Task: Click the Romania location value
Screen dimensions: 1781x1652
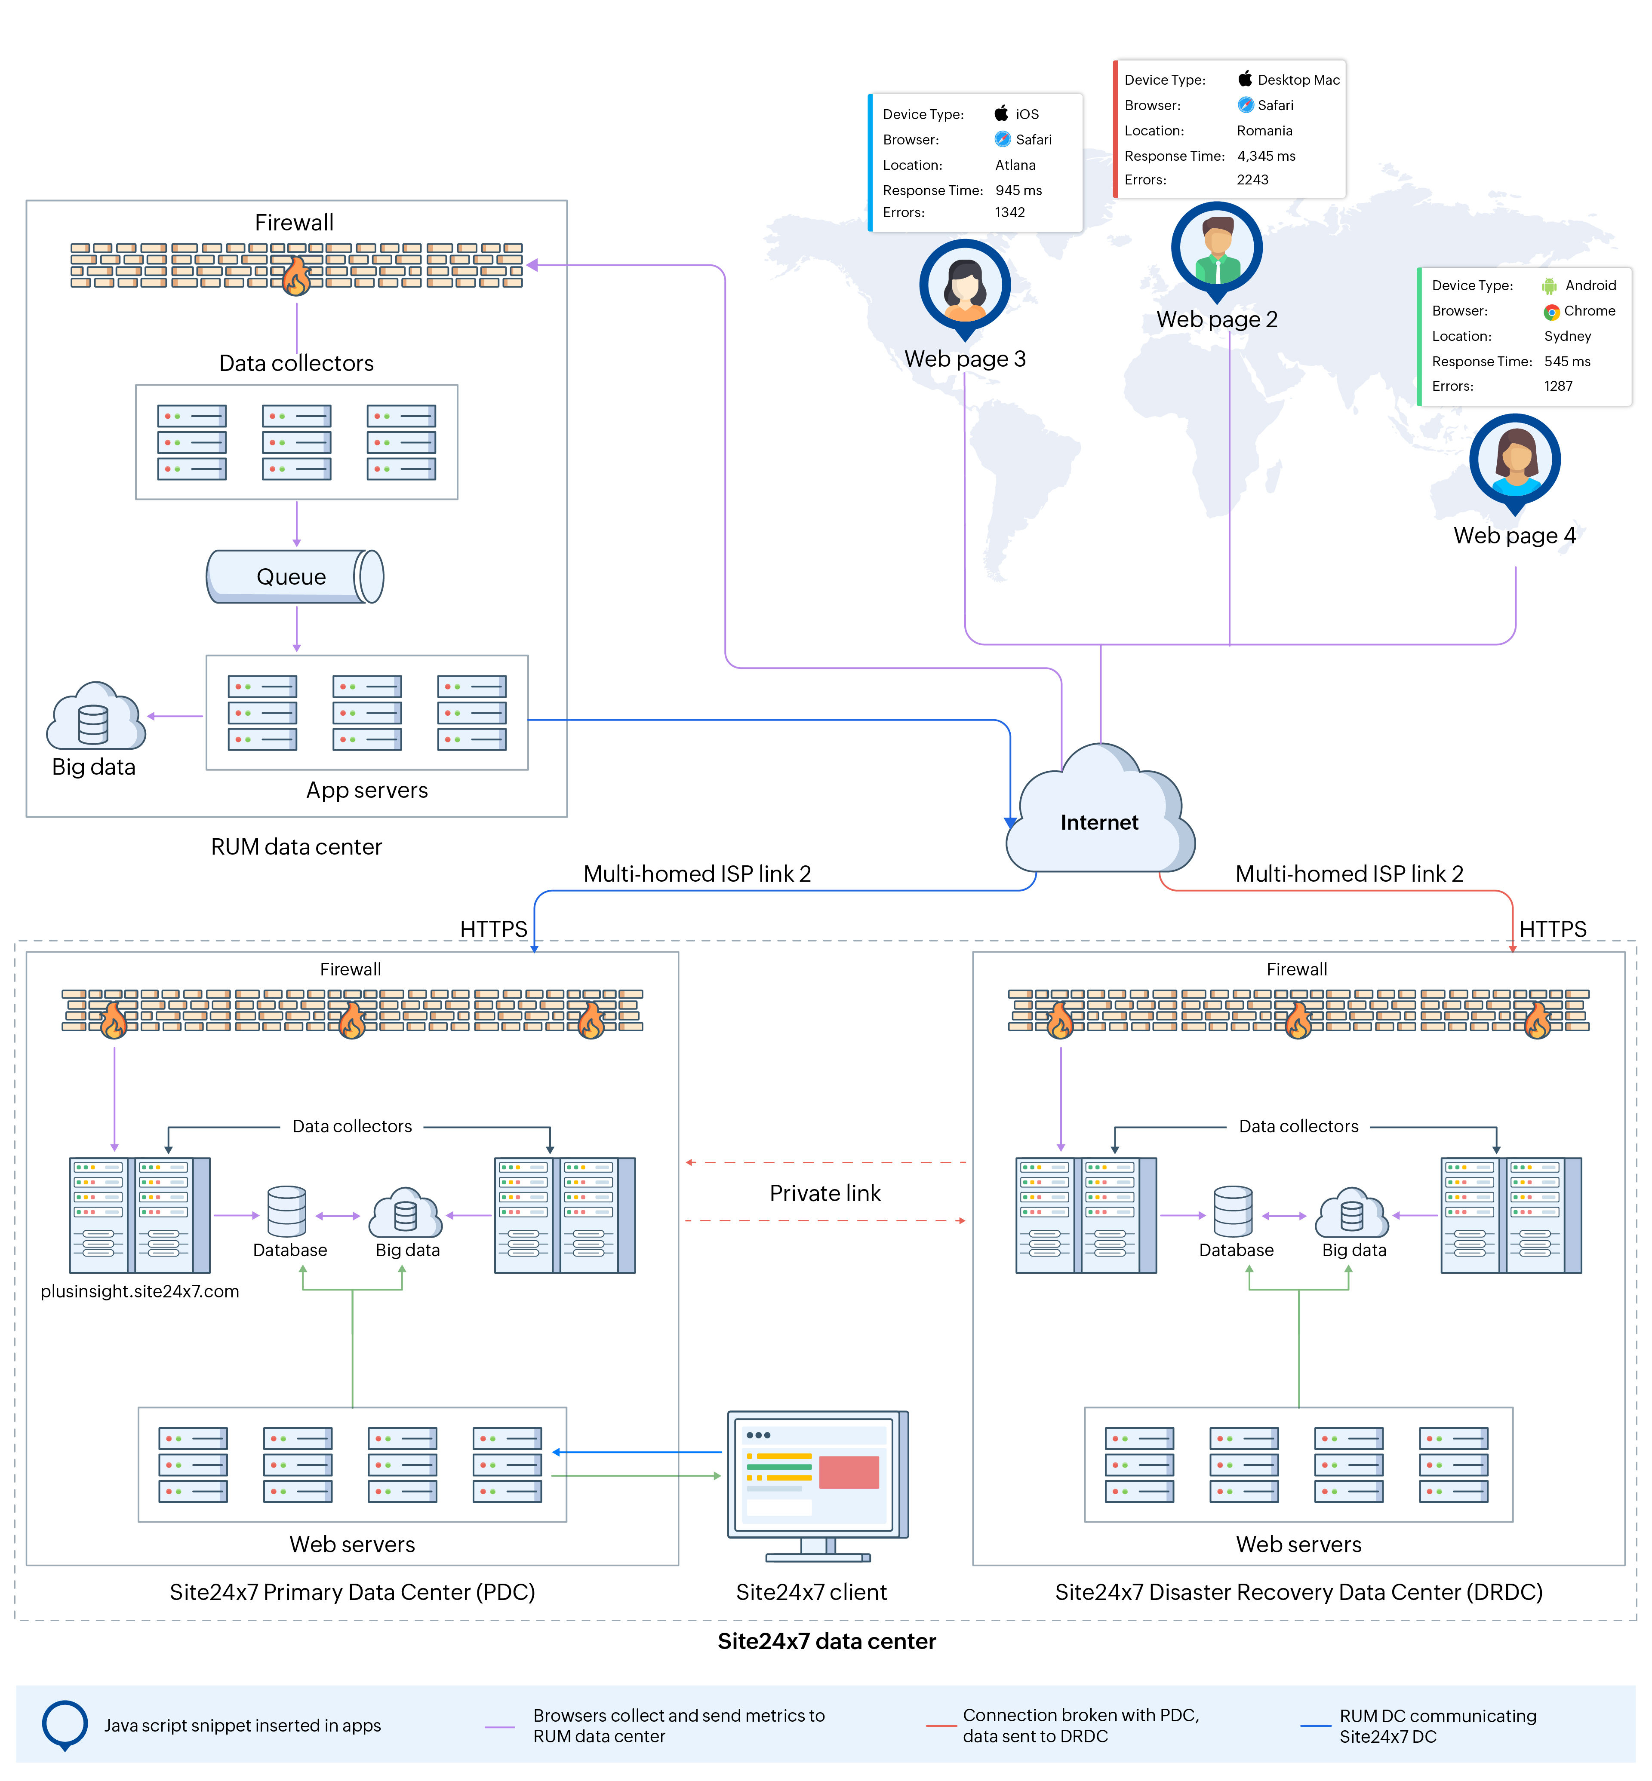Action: [1264, 131]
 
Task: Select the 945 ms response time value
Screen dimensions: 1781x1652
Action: [1018, 190]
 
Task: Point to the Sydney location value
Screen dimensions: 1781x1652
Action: [1567, 336]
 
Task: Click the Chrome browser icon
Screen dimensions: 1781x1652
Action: [1551, 312]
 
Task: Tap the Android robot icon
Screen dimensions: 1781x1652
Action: [1548, 286]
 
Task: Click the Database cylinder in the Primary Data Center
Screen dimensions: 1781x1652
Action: [287, 1212]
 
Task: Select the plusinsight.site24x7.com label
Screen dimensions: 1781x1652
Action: [139, 1291]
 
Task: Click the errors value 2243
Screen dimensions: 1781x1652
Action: [1252, 180]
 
